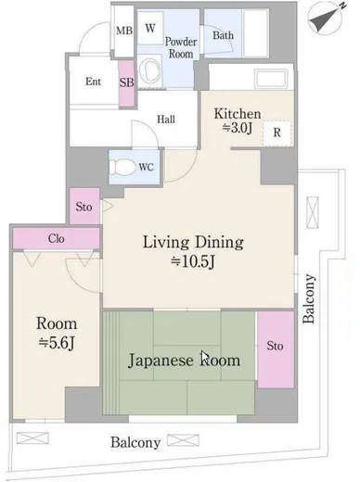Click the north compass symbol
327,19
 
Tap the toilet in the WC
122,167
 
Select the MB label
124,31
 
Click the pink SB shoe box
127,83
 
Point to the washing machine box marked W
150,28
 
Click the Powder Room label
181,47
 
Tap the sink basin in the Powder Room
149,71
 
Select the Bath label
223,35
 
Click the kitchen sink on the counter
271,79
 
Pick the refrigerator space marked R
277,133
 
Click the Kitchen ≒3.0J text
238,120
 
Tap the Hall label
166,119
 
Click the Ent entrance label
93,82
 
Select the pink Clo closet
57,238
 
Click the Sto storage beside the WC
84,206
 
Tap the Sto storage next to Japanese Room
276,349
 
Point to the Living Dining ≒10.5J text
193,251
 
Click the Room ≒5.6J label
57,333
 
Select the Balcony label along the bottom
135,442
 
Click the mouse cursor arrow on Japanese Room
205,357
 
